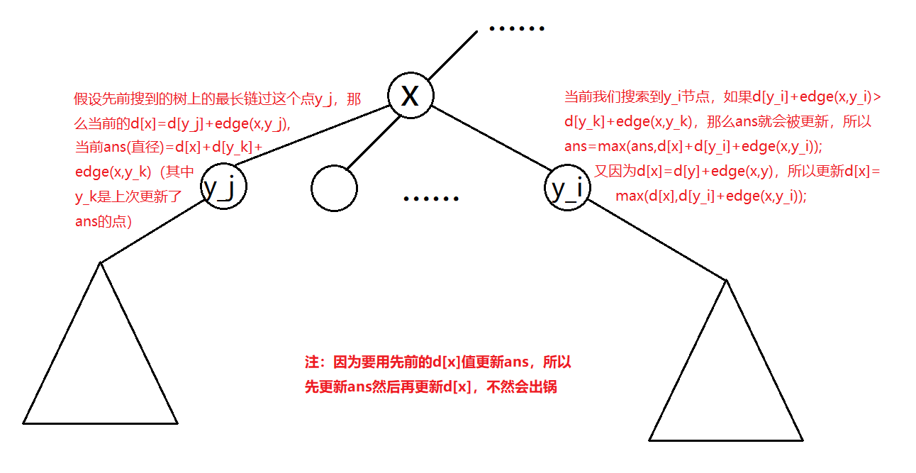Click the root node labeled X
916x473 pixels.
(410, 95)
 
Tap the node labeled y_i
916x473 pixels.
(567, 188)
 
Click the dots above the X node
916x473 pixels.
(517, 29)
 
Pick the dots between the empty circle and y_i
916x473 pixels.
(431, 199)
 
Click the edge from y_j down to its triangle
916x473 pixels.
(153, 230)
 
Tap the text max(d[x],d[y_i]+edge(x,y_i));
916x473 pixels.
(711, 196)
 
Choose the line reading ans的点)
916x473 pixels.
(104, 221)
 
